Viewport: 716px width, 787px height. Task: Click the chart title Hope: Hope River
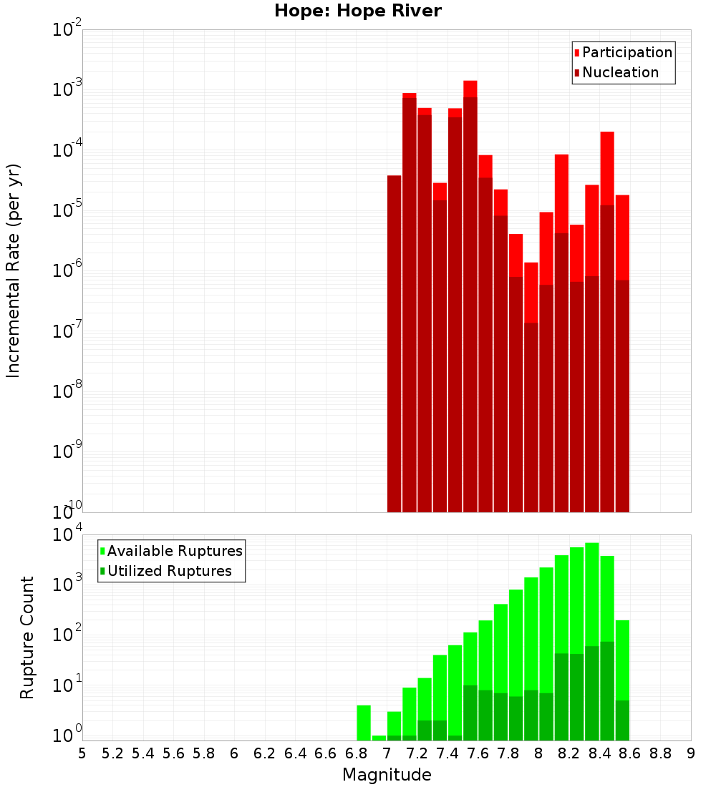pyautogui.click(x=358, y=11)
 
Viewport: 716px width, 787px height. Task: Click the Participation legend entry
pyautogui.click(x=627, y=52)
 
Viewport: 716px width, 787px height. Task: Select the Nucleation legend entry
pyautogui.click(x=620, y=72)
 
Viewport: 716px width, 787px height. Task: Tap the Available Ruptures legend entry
pyautogui.click(x=175, y=551)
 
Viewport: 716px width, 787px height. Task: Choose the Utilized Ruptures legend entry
pyautogui.click(x=169, y=571)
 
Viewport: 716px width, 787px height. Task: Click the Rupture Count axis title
pyautogui.click(x=27, y=637)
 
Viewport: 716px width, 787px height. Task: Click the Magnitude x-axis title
pyautogui.click(x=387, y=775)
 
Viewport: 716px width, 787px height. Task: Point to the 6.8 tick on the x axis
pyautogui.click(x=356, y=753)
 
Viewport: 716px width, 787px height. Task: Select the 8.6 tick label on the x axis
pyautogui.click(x=630, y=753)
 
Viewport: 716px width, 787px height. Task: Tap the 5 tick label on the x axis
pyautogui.click(x=82, y=753)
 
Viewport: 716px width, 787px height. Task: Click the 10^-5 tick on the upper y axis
pyautogui.click(x=67, y=210)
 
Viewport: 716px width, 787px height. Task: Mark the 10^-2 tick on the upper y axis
pyautogui.click(x=67, y=30)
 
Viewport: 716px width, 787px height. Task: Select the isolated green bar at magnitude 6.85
pyautogui.click(x=364, y=723)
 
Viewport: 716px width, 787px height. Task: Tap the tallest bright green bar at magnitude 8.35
pyautogui.click(x=592, y=608)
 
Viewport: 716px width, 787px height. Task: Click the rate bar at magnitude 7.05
pyautogui.click(x=394, y=343)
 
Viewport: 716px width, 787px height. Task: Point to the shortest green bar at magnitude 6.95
pyautogui.click(x=379, y=738)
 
